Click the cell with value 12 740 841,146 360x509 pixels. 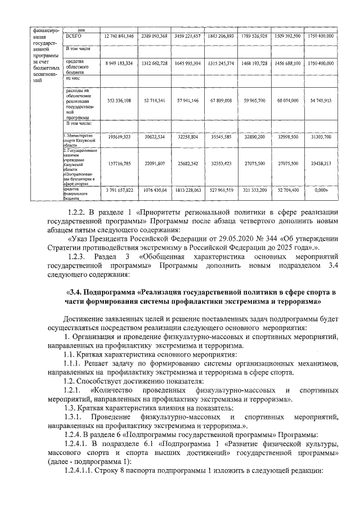coord(119,36)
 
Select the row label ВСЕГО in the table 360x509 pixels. coord(74,36)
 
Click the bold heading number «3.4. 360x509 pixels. coord(74,292)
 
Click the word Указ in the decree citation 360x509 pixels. coord(79,238)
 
